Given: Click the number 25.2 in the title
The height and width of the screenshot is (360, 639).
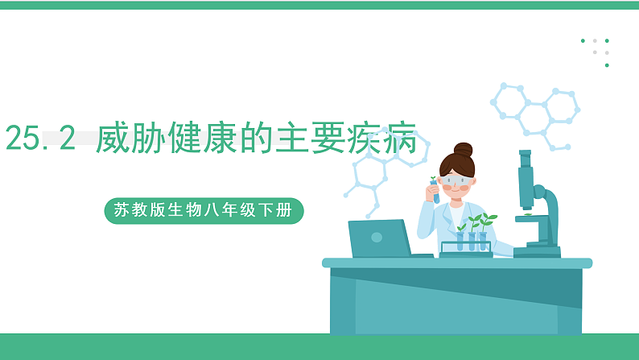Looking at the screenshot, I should point(40,139).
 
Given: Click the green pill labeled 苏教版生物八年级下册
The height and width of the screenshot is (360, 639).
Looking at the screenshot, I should point(204,211).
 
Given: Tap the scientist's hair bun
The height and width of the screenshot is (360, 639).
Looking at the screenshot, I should point(463,150).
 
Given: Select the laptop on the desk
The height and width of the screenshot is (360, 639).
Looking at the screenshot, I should point(381,238).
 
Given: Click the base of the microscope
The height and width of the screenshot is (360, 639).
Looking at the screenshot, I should point(537,251).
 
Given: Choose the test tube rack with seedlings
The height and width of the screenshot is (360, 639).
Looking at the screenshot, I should point(466,246).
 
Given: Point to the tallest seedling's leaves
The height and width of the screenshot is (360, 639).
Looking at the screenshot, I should point(486,217).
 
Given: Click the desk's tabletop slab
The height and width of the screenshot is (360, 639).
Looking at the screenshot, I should point(456,263).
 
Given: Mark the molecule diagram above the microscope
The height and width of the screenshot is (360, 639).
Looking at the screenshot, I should point(534,113).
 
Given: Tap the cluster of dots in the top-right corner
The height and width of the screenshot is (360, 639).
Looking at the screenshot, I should point(596,50).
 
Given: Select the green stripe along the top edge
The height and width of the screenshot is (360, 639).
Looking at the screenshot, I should point(319,5).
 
